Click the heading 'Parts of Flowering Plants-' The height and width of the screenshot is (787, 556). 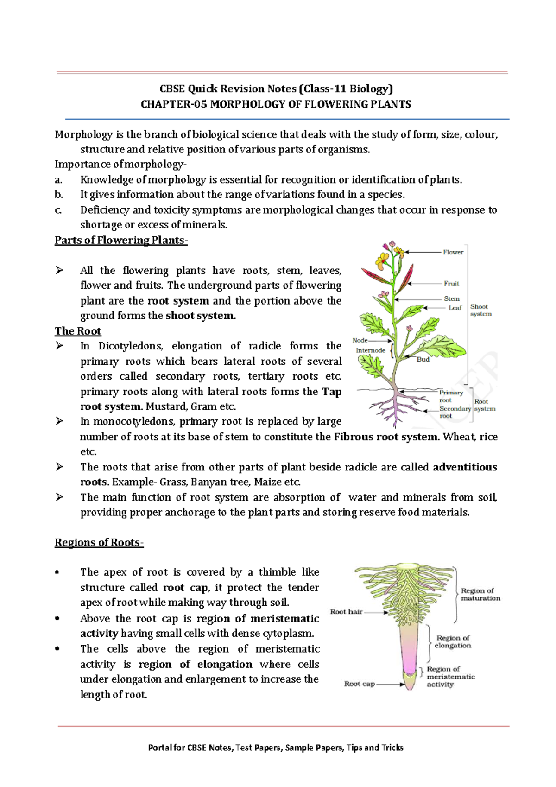(x=121, y=240)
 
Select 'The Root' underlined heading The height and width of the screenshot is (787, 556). (x=78, y=331)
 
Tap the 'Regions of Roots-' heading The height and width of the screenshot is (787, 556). (x=99, y=542)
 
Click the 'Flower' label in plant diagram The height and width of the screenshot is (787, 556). (x=453, y=252)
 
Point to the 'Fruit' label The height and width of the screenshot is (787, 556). (x=451, y=283)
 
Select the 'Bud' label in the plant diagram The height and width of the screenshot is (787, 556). (x=423, y=359)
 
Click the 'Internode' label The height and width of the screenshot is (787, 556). (x=370, y=350)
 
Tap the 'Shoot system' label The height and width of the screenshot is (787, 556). (x=480, y=310)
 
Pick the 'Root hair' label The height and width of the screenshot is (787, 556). (x=346, y=612)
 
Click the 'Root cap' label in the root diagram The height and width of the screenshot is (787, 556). (x=360, y=684)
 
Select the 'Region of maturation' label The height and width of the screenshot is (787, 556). (x=480, y=594)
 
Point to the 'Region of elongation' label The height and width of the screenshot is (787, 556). (x=453, y=642)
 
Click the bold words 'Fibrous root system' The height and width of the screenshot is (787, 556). (x=385, y=437)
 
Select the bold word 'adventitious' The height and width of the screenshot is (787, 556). (x=465, y=467)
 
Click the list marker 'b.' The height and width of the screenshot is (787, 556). (x=59, y=195)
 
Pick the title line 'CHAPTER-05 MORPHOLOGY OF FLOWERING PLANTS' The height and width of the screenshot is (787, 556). (x=276, y=104)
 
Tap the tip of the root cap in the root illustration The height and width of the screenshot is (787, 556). (x=410, y=689)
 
